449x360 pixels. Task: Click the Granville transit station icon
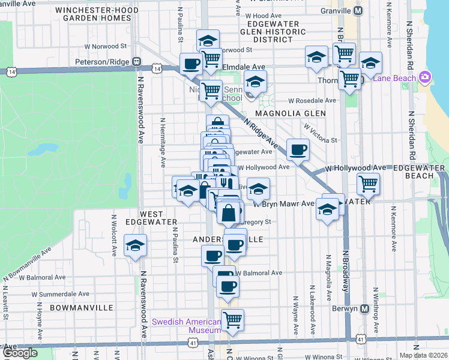point(358,11)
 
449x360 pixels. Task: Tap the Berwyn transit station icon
point(364,308)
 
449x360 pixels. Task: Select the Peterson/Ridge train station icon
point(137,61)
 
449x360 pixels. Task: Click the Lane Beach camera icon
point(425,77)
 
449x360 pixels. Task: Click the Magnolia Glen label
point(291,113)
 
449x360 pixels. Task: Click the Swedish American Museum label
point(187,326)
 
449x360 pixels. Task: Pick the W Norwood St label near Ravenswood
point(106,45)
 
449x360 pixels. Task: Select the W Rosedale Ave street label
point(312,101)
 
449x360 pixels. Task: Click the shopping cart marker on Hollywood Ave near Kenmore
point(368,182)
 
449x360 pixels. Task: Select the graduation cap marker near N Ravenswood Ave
point(135,245)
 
